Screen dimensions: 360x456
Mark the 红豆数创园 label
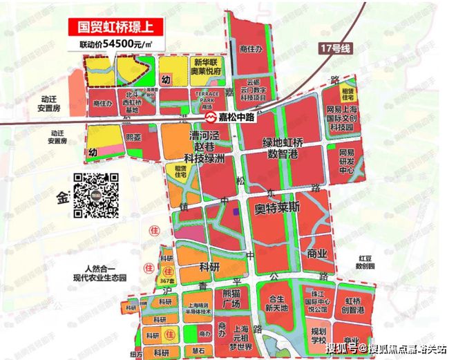[x=364, y=261]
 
